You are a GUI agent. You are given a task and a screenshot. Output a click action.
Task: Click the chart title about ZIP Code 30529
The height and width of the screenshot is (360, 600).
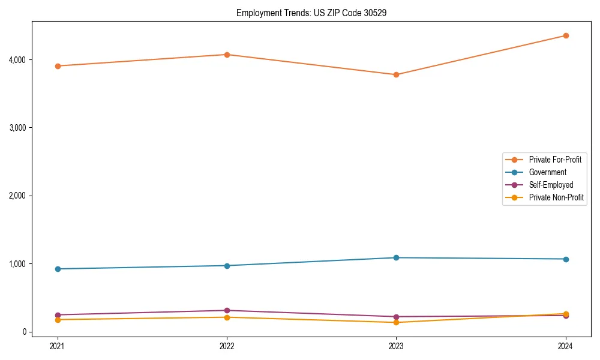307,13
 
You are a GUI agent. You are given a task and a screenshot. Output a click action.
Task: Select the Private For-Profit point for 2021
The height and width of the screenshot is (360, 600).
58,66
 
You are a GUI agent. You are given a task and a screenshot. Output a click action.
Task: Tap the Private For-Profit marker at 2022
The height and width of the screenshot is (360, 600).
227,55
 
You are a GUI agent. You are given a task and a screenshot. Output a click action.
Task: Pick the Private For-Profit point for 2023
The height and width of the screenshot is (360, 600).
396,74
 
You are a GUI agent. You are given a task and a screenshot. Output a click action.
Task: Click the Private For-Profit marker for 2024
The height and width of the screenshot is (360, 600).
566,35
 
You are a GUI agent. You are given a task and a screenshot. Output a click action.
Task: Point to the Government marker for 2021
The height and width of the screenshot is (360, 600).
58,269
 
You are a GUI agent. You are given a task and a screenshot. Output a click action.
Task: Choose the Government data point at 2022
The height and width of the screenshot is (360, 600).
227,266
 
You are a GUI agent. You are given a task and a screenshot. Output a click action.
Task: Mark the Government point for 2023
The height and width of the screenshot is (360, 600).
396,258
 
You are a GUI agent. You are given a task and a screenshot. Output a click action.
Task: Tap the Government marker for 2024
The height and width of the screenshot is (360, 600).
566,259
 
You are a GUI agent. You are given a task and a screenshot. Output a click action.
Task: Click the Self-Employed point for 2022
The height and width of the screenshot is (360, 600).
227,311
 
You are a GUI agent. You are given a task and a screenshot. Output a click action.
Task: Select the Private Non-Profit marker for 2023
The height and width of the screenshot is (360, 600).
396,323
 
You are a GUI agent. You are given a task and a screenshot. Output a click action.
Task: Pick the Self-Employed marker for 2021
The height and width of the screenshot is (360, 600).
58,315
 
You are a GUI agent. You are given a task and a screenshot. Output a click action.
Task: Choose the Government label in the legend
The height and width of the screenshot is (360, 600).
547,172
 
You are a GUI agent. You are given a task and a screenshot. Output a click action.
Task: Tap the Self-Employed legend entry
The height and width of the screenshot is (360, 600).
551,185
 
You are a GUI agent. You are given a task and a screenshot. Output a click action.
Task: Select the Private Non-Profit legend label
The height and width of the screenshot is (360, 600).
556,197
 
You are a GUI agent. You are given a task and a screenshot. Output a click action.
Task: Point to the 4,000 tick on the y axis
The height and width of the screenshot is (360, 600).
17,60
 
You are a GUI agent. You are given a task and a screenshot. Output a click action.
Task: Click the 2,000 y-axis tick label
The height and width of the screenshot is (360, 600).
17,196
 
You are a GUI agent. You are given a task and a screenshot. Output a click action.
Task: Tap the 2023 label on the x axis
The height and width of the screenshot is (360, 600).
396,346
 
